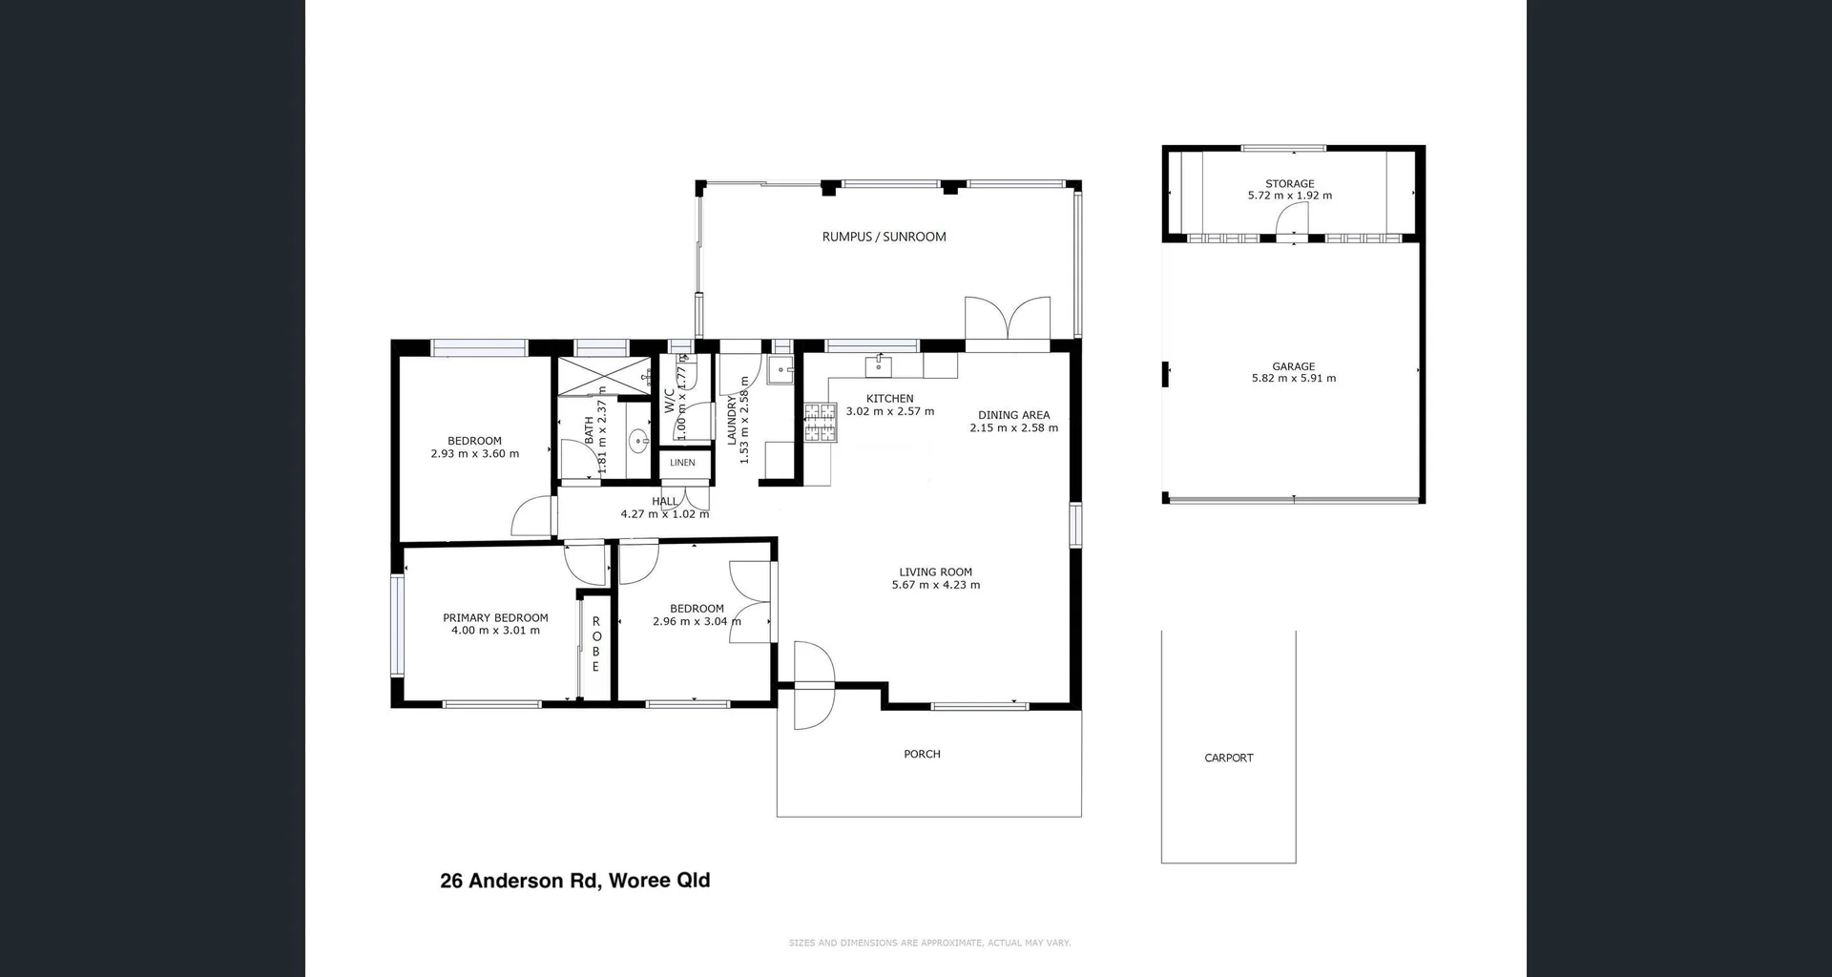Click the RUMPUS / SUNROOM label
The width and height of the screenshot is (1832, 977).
[x=884, y=237]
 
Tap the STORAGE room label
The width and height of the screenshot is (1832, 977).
[x=1289, y=183]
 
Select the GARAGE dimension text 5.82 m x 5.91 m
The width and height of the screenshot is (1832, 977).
[x=1293, y=379]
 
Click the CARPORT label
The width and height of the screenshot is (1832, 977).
[x=1228, y=758]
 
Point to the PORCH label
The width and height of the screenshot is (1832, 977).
[x=922, y=754]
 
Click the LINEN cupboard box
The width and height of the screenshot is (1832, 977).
[x=682, y=463]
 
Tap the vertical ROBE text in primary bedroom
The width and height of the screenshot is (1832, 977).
[x=595, y=644]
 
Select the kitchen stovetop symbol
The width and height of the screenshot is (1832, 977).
[x=819, y=423]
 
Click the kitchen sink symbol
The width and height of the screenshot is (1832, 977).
[x=878, y=366]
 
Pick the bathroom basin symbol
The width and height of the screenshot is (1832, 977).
[x=637, y=441]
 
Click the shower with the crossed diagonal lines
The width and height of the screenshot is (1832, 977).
[x=603, y=375]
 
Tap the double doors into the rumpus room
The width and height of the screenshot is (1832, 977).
[x=1008, y=319]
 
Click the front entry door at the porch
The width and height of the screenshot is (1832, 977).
[x=813, y=685]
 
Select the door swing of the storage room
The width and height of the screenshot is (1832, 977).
[x=1293, y=219]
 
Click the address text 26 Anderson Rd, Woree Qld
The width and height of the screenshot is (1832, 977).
[x=574, y=881]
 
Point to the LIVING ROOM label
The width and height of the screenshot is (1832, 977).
[x=935, y=572]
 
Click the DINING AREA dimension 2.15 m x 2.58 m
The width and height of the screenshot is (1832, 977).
[x=1013, y=428]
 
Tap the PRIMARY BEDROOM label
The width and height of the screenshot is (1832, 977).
[x=495, y=618]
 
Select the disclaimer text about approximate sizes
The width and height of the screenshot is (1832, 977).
[x=929, y=943]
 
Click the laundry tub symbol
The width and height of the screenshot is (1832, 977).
[x=780, y=370]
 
